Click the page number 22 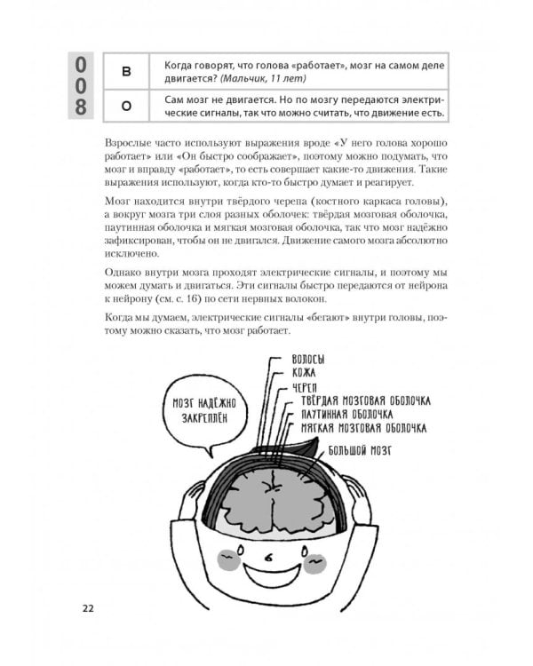coord(88,608)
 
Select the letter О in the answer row coord(125,106)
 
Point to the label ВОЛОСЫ coord(307,359)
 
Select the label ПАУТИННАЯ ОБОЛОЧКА coord(347,414)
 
